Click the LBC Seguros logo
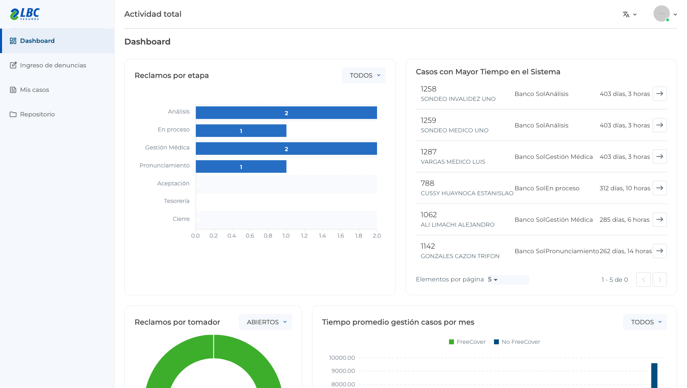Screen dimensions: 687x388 click(25, 14)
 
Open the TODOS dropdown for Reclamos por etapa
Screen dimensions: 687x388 click(364, 75)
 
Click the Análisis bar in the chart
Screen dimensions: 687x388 click(286, 113)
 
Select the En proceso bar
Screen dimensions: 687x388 click(241, 131)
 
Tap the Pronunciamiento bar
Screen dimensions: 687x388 click(241, 167)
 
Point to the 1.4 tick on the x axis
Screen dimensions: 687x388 click(322, 236)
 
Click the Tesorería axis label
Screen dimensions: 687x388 click(177, 201)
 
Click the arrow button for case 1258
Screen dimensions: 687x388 click(660, 94)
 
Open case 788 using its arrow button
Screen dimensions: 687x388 click(660, 188)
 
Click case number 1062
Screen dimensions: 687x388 click(429, 215)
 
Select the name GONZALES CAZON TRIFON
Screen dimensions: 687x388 click(460, 256)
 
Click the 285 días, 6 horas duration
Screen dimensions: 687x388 click(624, 220)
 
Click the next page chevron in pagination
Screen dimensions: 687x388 click(660, 280)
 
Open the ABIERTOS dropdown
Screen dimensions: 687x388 click(265, 322)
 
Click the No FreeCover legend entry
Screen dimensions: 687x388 click(517, 342)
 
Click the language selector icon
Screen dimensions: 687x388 click(626, 14)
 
